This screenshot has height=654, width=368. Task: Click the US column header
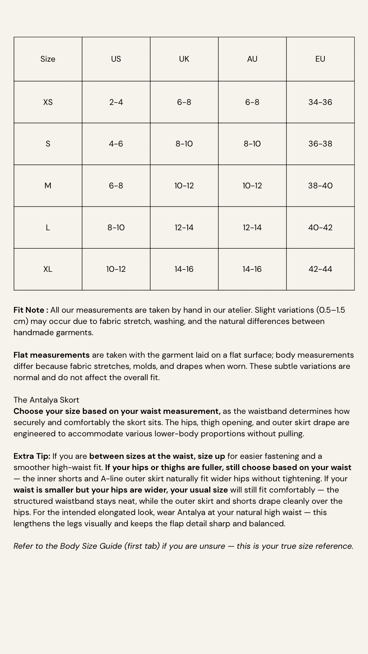click(x=116, y=59)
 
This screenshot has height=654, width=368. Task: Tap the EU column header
click(x=320, y=59)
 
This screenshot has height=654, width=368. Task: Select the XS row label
click(x=48, y=102)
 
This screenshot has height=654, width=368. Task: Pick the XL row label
click(x=48, y=269)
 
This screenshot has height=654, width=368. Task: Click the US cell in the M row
click(x=116, y=186)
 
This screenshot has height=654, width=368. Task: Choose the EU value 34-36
click(x=320, y=102)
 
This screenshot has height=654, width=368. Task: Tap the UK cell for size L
click(x=184, y=228)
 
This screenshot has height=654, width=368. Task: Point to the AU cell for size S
click(x=252, y=144)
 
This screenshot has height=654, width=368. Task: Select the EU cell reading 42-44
click(x=320, y=269)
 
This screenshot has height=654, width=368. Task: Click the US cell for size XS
click(x=116, y=102)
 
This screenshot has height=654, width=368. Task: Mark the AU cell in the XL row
click(x=252, y=269)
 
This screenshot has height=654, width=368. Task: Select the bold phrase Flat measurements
click(x=51, y=355)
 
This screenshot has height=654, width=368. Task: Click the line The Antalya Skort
click(x=46, y=400)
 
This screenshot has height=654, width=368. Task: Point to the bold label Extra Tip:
click(x=32, y=456)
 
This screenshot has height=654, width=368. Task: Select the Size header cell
click(x=48, y=59)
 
